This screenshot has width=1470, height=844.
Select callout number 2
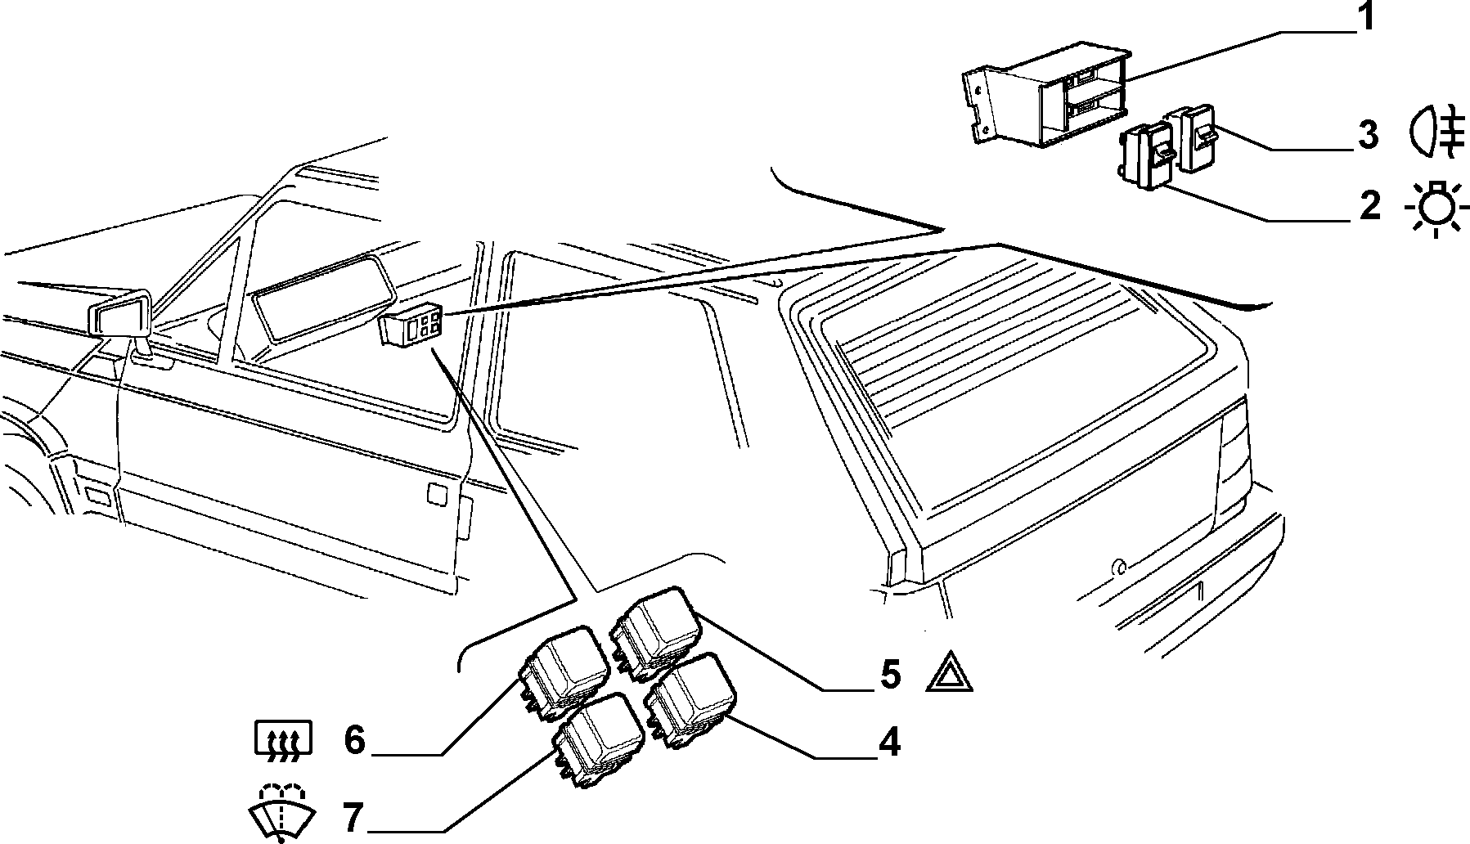(1369, 206)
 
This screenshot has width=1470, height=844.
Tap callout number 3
(1368, 136)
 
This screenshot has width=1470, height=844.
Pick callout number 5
(890, 675)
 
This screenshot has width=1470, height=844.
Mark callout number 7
(353, 816)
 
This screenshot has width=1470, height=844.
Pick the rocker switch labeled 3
(1194, 137)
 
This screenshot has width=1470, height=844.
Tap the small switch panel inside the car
(413, 324)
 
